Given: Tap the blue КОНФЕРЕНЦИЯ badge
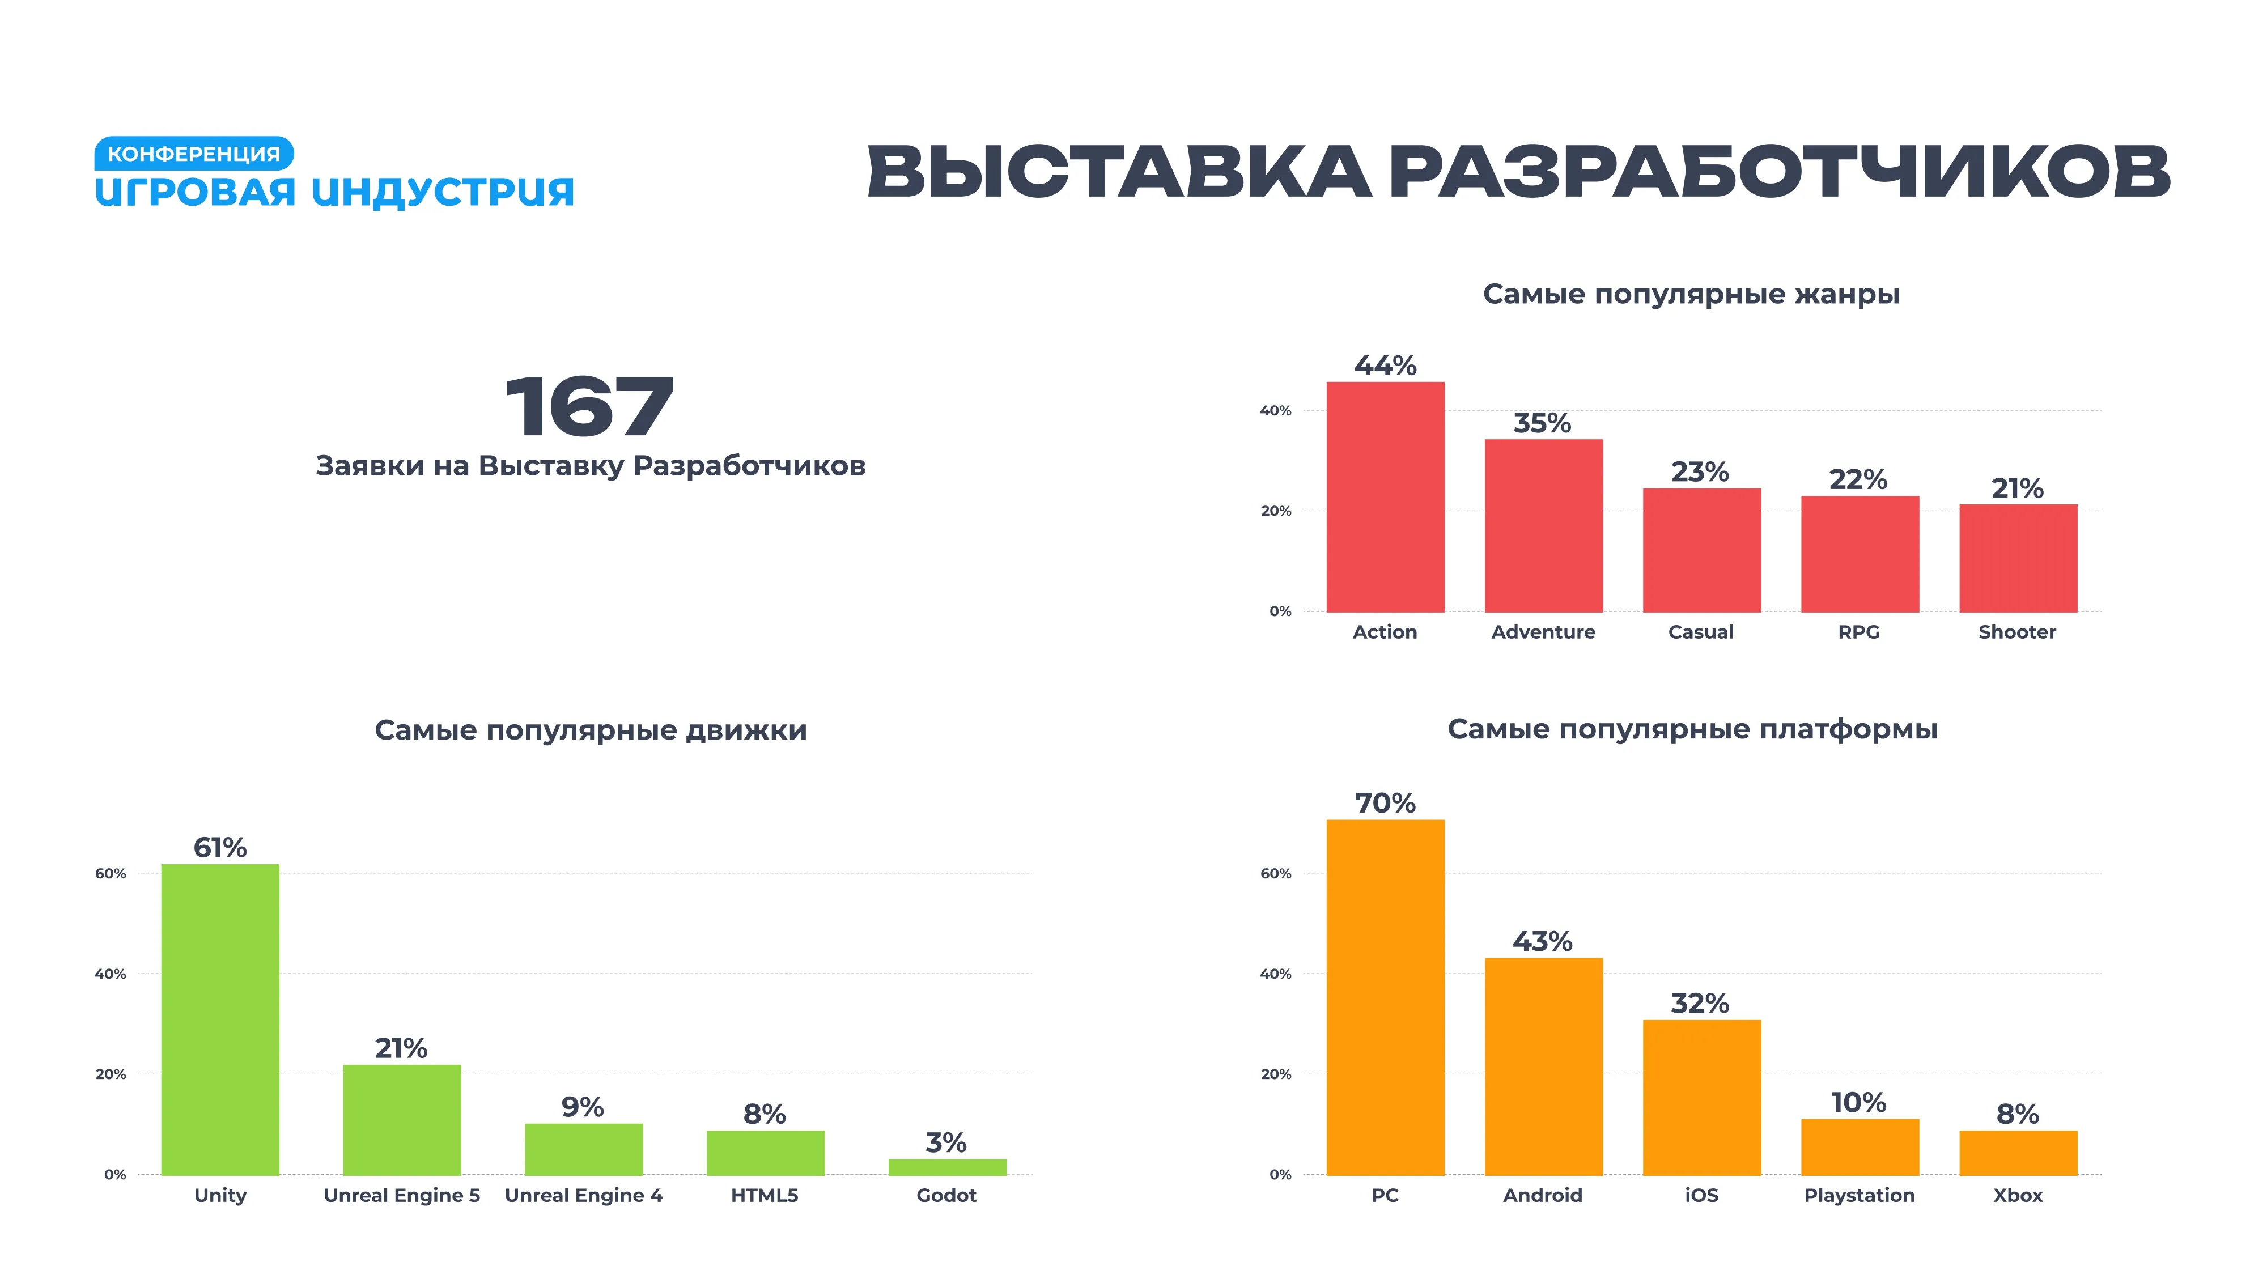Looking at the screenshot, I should pyautogui.click(x=194, y=154).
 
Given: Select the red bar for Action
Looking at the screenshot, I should pyautogui.click(x=1385, y=497).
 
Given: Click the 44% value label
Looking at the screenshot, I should pyautogui.click(x=1385, y=365).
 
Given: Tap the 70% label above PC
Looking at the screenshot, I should pyautogui.click(x=1385, y=804).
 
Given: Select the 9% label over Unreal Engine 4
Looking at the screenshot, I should pyautogui.click(x=583, y=1107).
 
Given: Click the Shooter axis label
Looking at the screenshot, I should pyautogui.click(x=2017, y=632).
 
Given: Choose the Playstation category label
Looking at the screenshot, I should pyautogui.click(x=1859, y=1195).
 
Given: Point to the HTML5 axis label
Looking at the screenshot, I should pyautogui.click(x=765, y=1195).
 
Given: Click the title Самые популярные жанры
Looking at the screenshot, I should pyautogui.click(x=1691, y=294).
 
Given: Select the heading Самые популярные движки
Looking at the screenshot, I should pyautogui.click(x=591, y=730).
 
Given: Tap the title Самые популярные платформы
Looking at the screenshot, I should pyautogui.click(x=1691, y=729).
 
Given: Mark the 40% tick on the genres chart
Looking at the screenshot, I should pyautogui.click(x=1275, y=411).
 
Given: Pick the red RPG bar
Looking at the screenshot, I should pyautogui.click(x=1860, y=554).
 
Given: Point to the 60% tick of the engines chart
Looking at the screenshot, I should pyautogui.click(x=111, y=874).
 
